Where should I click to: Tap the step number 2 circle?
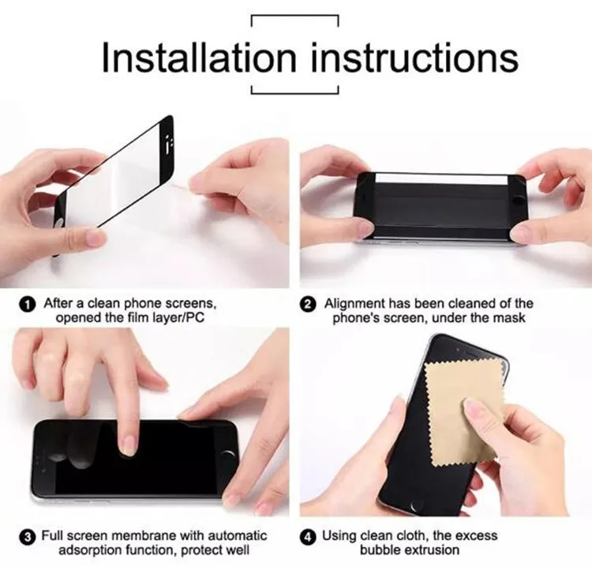pyautogui.click(x=310, y=304)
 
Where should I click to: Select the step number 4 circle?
pyautogui.click(x=309, y=536)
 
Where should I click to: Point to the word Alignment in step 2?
pyautogui.click(x=354, y=303)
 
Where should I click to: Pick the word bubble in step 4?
pyautogui.click(x=384, y=550)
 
